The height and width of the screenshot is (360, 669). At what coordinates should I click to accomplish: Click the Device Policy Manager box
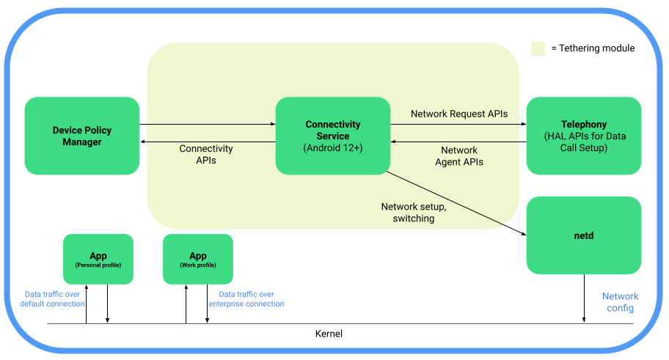(x=81, y=136)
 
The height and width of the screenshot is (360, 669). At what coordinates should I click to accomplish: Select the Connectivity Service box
(x=332, y=136)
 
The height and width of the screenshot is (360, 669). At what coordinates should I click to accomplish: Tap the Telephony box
(x=584, y=136)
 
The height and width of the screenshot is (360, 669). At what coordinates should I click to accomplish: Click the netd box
(x=584, y=235)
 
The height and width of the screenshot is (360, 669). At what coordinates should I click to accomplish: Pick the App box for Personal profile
(x=98, y=259)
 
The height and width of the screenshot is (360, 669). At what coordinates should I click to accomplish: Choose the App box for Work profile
(x=197, y=259)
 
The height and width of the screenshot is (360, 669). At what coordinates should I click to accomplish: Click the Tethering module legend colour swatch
(x=538, y=48)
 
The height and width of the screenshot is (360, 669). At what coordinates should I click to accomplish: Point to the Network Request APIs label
(x=459, y=114)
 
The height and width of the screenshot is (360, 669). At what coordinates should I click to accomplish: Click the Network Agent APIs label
(x=459, y=156)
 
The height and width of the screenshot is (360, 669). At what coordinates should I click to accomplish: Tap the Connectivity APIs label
(x=206, y=154)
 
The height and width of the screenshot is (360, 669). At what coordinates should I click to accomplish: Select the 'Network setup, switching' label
(x=413, y=213)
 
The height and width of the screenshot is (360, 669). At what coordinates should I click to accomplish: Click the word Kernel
(x=328, y=334)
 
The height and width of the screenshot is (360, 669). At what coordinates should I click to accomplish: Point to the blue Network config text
(x=620, y=302)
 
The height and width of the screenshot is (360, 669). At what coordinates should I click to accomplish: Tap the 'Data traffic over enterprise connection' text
(x=246, y=298)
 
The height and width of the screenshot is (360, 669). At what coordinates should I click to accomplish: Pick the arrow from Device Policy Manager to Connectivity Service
(x=208, y=125)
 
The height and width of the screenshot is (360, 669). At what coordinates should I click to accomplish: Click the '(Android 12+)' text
(x=332, y=148)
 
